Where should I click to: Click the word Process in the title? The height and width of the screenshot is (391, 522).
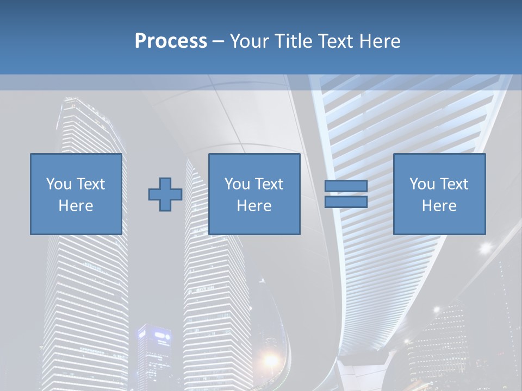[171, 41]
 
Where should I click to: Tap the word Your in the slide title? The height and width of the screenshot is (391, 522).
[250, 41]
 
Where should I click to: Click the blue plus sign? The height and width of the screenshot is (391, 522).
[165, 194]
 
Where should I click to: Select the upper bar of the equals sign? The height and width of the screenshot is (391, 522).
[346, 186]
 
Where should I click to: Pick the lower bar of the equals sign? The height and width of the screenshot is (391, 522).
[346, 202]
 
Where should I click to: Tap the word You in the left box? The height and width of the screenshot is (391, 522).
[59, 184]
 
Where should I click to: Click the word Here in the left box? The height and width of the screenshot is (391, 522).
[76, 206]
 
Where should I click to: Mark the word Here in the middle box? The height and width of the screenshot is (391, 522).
[254, 206]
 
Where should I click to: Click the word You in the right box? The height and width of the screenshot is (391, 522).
[422, 184]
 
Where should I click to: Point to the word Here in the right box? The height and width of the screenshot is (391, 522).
[439, 206]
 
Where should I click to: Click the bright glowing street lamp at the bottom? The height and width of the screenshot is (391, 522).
[270, 360]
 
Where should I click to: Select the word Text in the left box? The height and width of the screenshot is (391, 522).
[90, 184]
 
